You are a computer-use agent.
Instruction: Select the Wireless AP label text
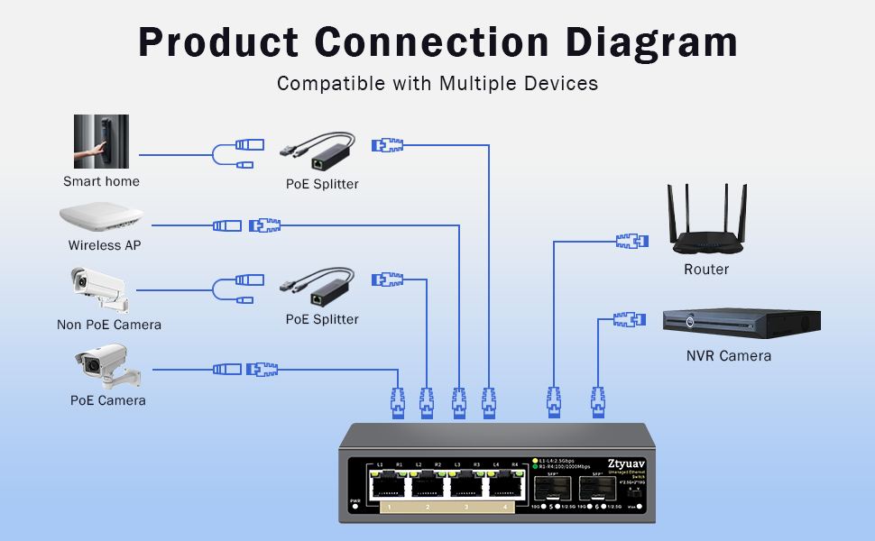105,245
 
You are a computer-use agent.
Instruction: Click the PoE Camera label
107,400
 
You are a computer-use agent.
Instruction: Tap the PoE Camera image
102,366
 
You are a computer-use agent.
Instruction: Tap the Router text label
706,270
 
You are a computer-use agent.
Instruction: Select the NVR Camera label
729,356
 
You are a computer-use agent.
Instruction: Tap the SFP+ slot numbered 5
549,489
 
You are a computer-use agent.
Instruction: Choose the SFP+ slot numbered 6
597,489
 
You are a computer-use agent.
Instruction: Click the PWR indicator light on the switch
355,508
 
